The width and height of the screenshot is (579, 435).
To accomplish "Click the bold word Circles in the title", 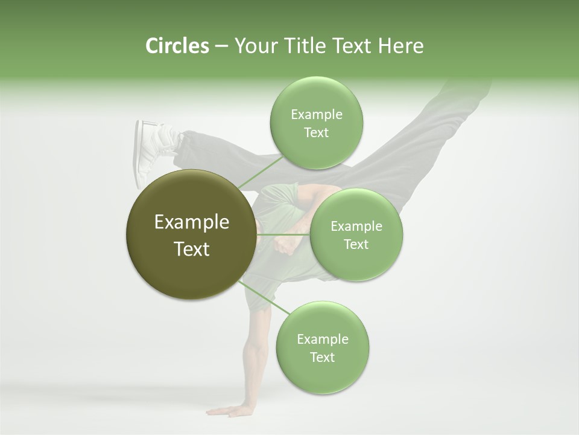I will click(x=177, y=46).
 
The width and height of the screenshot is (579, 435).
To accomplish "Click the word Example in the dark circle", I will click(x=192, y=222).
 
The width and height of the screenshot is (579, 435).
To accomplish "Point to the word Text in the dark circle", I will click(x=192, y=249).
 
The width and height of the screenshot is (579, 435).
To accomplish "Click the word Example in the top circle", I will click(x=316, y=115).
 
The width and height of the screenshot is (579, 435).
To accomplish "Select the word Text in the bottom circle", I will click(x=322, y=357).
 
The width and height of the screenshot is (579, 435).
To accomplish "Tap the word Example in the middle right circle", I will click(x=356, y=227).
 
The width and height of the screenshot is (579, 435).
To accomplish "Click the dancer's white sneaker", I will click(x=147, y=151).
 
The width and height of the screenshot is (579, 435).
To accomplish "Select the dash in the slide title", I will click(x=221, y=47).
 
